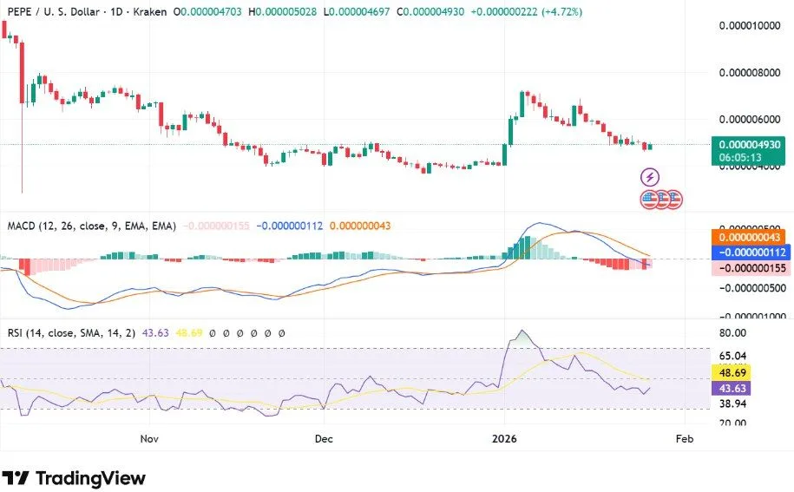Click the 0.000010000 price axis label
pyautogui.click(x=750, y=26)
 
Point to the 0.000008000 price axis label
pyautogui.click(x=750, y=73)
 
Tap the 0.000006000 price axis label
pyautogui.click(x=750, y=120)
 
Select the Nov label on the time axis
pyautogui.click(x=150, y=439)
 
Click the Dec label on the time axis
pyautogui.click(x=323, y=439)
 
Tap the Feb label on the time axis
pyautogui.click(x=685, y=439)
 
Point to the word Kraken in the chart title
pyautogui.click(x=147, y=12)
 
